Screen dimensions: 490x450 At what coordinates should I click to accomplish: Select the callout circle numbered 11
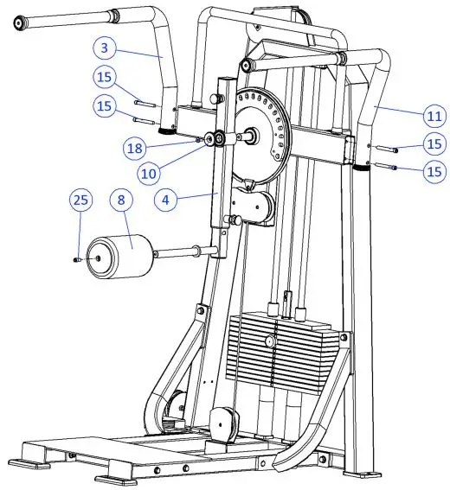(x=433, y=113)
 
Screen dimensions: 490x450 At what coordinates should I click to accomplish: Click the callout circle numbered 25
(x=80, y=201)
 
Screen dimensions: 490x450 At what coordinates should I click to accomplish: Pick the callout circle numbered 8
(x=123, y=201)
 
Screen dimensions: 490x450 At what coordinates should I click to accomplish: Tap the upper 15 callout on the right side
(x=433, y=143)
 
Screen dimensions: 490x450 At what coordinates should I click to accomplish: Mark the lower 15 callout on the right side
(x=433, y=172)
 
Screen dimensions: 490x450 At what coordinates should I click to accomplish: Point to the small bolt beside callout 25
(x=78, y=257)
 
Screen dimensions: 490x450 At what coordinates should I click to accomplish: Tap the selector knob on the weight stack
(x=270, y=342)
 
